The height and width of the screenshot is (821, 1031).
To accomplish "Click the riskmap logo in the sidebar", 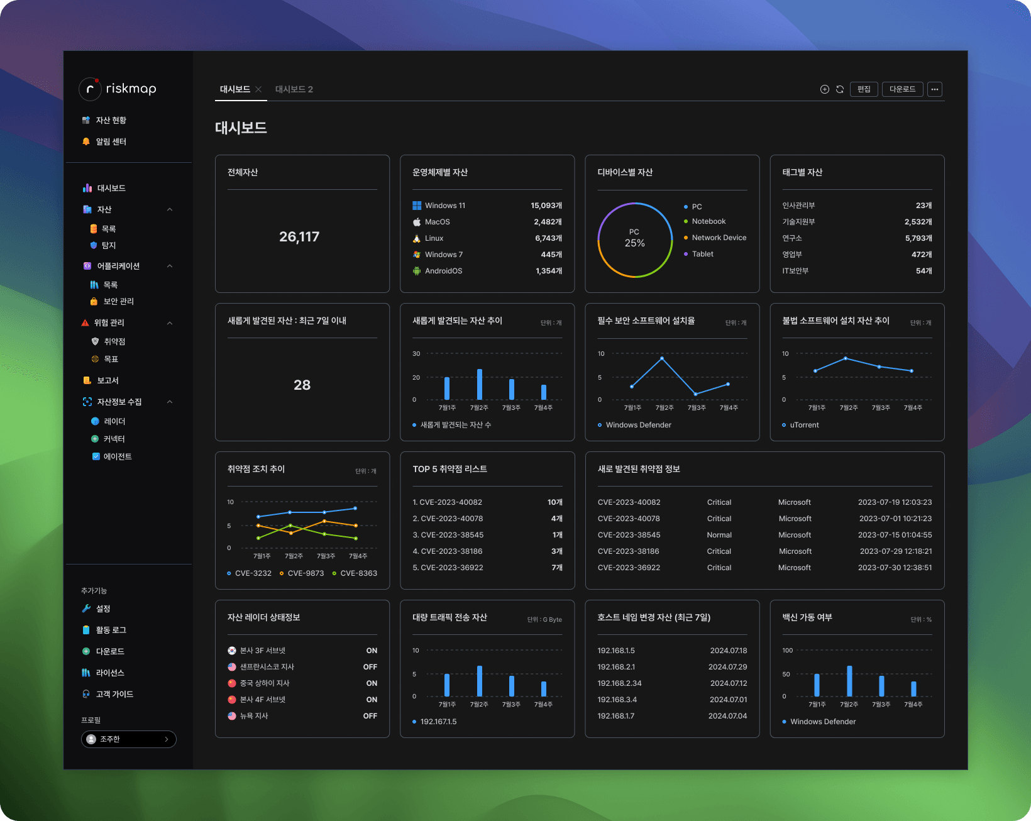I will [x=118, y=89].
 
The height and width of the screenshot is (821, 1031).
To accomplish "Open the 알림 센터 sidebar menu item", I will [x=111, y=141].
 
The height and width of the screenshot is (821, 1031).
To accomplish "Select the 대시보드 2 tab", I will [x=294, y=89].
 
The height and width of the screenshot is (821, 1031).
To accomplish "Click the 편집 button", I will [x=864, y=89].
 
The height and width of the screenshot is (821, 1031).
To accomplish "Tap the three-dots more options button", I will [x=935, y=89].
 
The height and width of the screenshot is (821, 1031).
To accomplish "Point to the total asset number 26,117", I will [x=299, y=237].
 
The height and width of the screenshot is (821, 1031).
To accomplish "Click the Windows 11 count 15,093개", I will [x=546, y=206].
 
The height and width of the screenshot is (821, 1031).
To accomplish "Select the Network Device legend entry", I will [x=719, y=238].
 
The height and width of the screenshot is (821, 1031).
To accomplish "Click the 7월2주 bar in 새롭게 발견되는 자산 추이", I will [x=480, y=384].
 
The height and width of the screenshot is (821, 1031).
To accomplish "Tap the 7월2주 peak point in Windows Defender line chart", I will [x=662, y=358].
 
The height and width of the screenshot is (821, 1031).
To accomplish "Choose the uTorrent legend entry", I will [x=804, y=425].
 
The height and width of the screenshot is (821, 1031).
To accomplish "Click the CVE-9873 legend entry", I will [x=306, y=573].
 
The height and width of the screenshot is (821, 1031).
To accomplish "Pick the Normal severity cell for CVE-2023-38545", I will [x=719, y=535].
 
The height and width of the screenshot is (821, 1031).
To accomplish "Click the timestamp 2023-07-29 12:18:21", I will [x=895, y=551].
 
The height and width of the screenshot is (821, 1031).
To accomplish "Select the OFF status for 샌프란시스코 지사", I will [x=370, y=667].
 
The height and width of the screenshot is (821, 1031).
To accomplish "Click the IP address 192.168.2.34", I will [x=619, y=683].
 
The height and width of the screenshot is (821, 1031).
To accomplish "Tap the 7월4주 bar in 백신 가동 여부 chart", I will [x=913, y=688].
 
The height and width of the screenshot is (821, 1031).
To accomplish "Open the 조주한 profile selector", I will [x=129, y=739].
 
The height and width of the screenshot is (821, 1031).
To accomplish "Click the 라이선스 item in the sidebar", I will [x=110, y=673].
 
